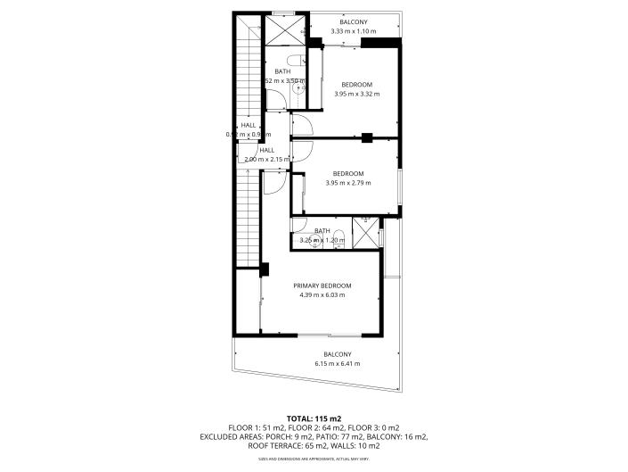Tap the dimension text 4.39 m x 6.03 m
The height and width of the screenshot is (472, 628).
(x=319, y=294)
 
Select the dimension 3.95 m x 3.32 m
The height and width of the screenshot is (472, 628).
(x=356, y=94)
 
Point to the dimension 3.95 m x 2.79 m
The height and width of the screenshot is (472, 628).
(x=348, y=183)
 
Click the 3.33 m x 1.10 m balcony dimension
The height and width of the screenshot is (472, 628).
(x=353, y=31)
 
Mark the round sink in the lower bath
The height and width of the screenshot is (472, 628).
(x=305, y=239)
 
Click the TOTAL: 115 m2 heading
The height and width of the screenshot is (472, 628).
(x=314, y=418)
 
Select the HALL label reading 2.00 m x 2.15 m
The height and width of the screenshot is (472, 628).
(x=267, y=154)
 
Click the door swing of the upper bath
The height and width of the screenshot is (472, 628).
(x=300, y=125)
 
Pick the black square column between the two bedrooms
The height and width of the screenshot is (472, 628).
(x=366, y=137)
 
